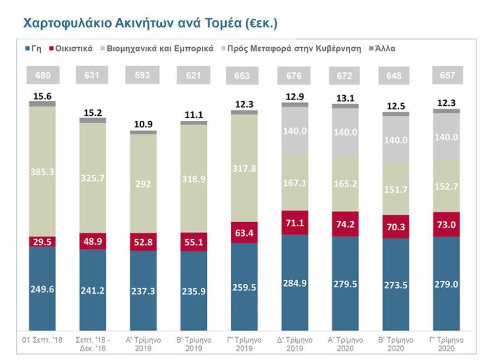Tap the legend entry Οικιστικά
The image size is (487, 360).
(x=72, y=48)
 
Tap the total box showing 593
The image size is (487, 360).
(x=143, y=75)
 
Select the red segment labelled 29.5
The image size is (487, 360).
(x=42, y=241)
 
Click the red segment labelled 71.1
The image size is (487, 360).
(x=295, y=223)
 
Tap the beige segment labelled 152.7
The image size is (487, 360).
(x=446, y=186)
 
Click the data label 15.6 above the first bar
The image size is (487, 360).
(x=42, y=96)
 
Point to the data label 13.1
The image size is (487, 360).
(x=345, y=98)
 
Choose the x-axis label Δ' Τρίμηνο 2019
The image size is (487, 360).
(x=295, y=343)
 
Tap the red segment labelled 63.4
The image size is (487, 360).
(x=244, y=232)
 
